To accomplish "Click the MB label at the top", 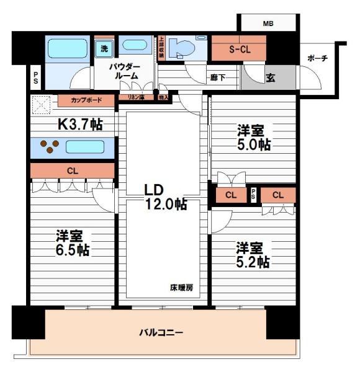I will tap(268, 24).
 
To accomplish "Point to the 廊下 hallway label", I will tap(218, 77).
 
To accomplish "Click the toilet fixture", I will tap(184, 48).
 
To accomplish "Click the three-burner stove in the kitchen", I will tap(48, 147).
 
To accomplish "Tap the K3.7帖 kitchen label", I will tap(80, 124).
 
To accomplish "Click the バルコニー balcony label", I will tap(160, 333).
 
